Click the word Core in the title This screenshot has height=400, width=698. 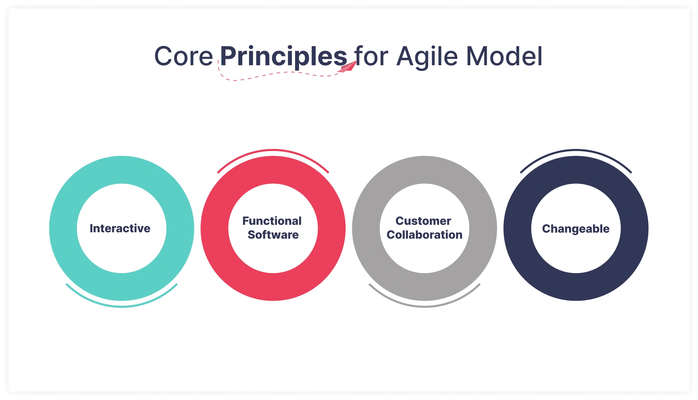point(183,56)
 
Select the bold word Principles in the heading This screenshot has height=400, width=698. point(283,56)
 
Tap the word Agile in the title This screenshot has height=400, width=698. point(427,56)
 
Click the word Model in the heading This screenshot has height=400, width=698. point(504,56)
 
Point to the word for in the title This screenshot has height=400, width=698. point(371,56)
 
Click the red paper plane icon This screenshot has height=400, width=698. point(348,67)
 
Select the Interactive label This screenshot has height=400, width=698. point(120,228)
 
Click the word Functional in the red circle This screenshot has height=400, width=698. point(272,221)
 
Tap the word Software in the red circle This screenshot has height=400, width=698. point(273,235)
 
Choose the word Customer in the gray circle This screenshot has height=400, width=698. point(423,221)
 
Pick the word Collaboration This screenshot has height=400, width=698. point(424,235)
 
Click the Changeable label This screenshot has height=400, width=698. point(576,229)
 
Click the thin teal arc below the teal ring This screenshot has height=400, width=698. point(122,306)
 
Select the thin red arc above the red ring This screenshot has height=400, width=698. point(273,150)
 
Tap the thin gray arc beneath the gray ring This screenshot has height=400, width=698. point(425,306)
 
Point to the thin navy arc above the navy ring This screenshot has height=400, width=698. point(576,150)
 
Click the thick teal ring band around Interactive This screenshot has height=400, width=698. point(63,228)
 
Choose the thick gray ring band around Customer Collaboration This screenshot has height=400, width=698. point(366,228)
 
